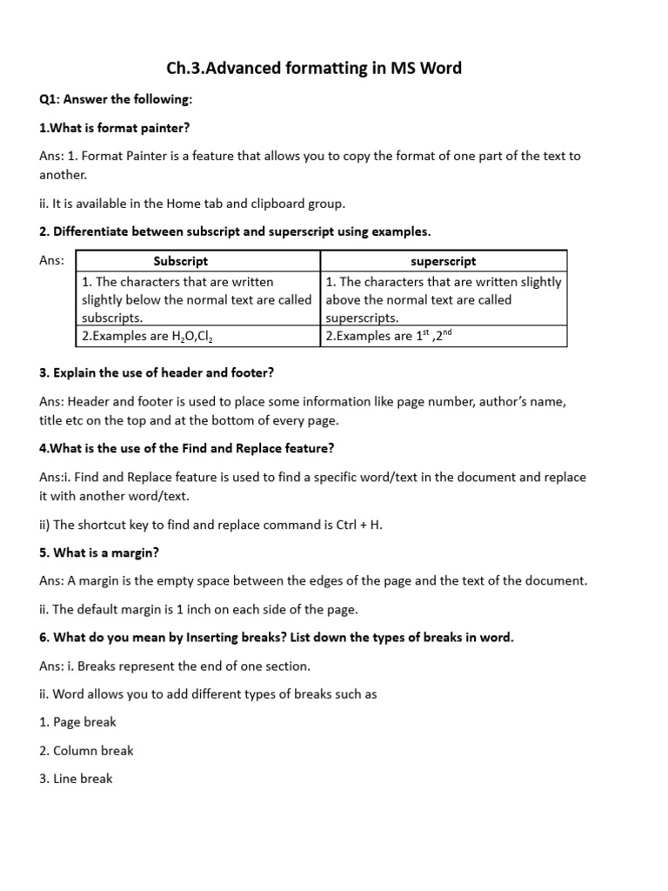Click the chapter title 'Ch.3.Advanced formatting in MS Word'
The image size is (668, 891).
[x=313, y=67]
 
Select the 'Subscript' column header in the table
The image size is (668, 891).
[x=180, y=261]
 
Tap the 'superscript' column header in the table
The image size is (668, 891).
[x=444, y=261]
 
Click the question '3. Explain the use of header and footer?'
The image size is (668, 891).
[x=157, y=372]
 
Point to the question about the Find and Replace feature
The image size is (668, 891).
[x=186, y=448]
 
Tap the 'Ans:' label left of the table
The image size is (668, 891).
[x=53, y=260]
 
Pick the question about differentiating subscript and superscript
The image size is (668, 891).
[x=235, y=231]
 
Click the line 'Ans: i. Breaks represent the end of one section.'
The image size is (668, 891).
[x=174, y=666]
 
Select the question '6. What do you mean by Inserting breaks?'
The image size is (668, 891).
[x=276, y=637]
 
